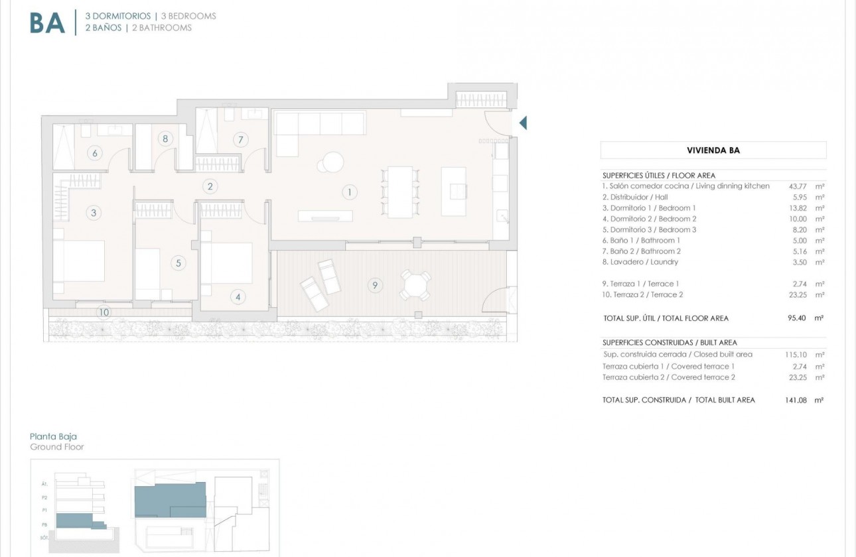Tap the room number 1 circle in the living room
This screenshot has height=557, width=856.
[x=349, y=192]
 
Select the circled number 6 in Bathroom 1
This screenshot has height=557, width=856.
[x=95, y=153]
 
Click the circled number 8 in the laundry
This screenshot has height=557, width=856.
[x=165, y=139]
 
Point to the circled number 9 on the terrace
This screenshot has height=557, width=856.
[x=375, y=285]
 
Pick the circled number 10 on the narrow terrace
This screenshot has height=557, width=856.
[x=103, y=311]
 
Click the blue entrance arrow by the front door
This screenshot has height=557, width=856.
[x=523, y=123]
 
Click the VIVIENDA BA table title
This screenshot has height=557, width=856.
[x=713, y=151]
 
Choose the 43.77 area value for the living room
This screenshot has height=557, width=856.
[x=797, y=186]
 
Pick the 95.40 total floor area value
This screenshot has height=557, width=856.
[x=796, y=318]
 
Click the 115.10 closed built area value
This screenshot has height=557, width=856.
[x=796, y=355]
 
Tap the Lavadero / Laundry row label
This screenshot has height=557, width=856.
[x=640, y=262]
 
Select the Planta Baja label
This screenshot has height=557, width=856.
[x=54, y=436]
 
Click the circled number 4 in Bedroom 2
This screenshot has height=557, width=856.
[x=238, y=297]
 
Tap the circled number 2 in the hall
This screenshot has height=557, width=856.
[x=210, y=186]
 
